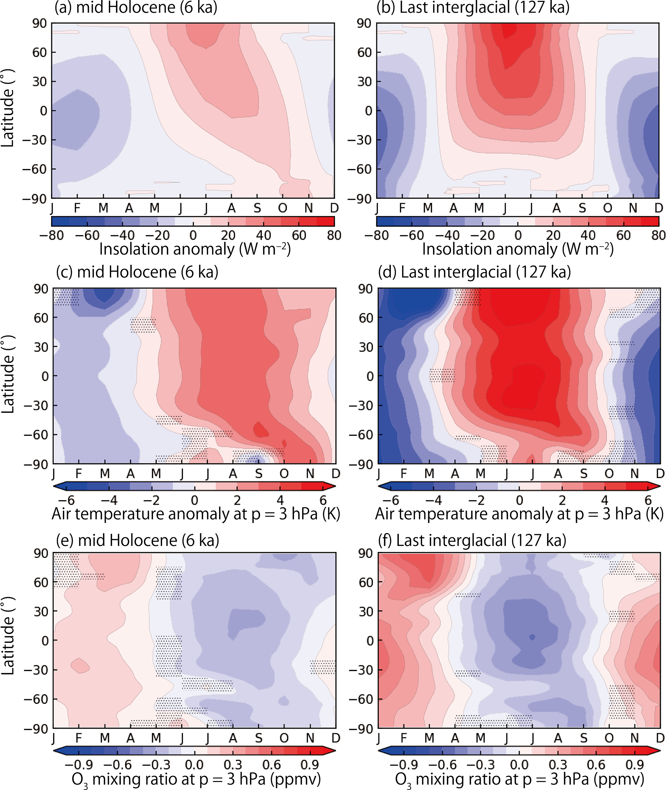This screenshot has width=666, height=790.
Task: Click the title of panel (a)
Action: pos(136,7)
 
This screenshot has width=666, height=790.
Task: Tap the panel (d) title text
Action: pos(474,272)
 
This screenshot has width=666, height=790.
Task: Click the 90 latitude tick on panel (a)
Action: pos(39,24)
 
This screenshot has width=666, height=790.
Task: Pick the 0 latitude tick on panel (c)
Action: pos(44,376)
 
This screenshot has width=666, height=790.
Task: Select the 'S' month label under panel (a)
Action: pos(257,208)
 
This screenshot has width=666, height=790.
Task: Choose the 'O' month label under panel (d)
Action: pos(609,473)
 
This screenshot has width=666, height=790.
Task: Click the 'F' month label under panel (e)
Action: pos(79,738)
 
